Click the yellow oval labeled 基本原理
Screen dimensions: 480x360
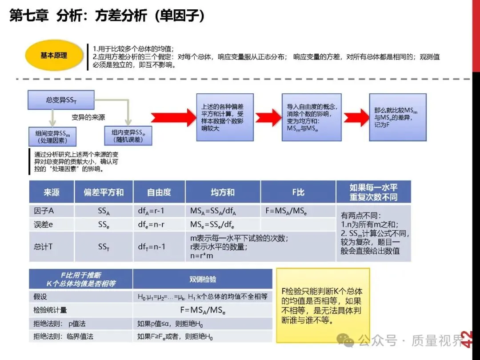click(x=54, y=56)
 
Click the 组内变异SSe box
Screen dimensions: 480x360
click(x=128, y=135)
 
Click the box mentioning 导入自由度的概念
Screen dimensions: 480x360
click(x=311, y=117)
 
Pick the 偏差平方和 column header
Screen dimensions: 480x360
click(x=104, y=192)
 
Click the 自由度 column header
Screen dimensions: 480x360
click(x=159, y=192)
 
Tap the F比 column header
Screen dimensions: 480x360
click(x=298, y=192)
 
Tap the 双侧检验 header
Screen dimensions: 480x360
click(x=203, y=279)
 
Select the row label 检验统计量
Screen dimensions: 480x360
click(x=50, y=310)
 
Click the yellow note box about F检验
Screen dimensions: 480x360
click(x=323, y=305)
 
